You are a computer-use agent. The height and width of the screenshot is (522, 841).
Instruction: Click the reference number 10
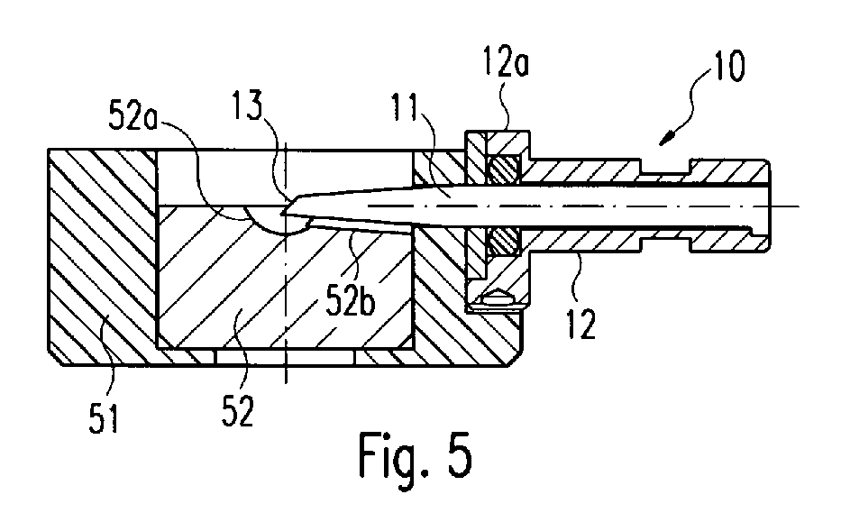tap(727, 66)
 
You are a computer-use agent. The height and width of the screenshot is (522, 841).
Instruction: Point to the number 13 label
tap(247, 105)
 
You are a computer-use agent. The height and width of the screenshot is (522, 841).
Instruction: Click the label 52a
tap(134, 115)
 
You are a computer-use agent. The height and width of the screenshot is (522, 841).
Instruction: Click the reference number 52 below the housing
tap(237, 410)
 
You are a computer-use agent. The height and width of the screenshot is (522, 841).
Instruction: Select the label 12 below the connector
tap(581, 324)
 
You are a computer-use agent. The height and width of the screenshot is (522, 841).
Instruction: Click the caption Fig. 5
tap(416, 455)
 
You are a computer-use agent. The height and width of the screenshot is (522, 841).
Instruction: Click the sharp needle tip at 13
tap(281, 214)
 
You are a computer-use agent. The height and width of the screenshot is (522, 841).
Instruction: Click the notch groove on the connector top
tap(665, 166)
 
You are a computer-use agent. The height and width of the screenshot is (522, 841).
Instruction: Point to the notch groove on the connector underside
tap(665, 244)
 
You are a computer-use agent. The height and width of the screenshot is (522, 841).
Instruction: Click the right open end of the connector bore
tap(766, 206)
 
